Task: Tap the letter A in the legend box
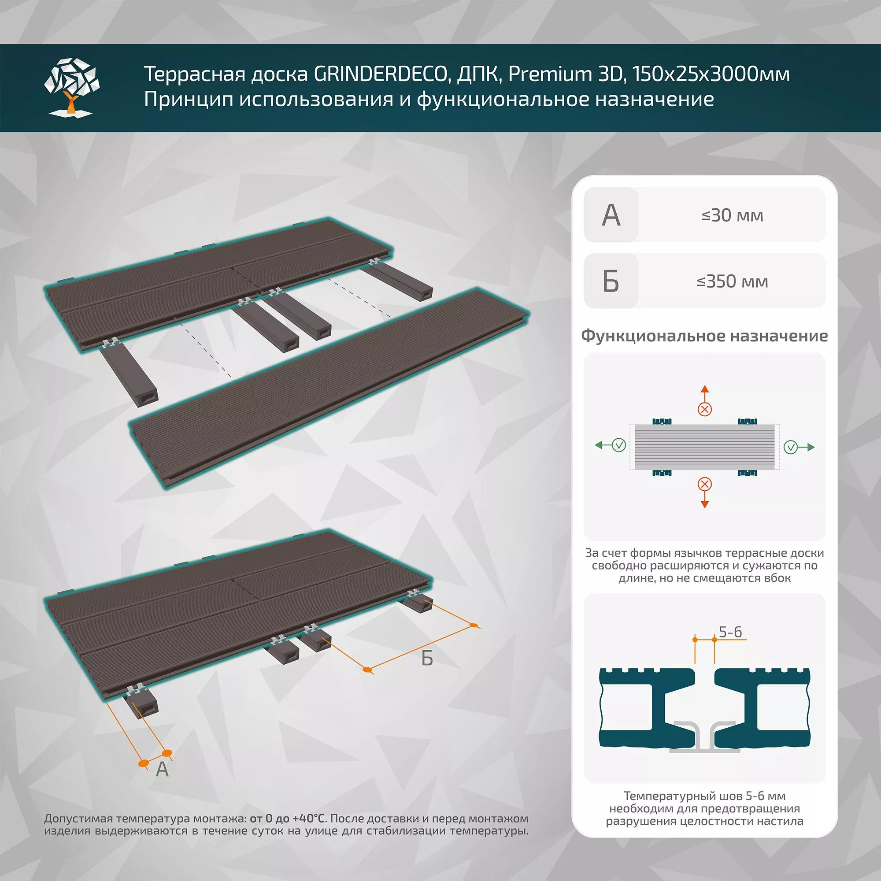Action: coord(611,215)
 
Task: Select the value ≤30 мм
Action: coord(732,215)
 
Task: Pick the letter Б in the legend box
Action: coord(611,281)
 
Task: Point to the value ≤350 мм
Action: coord(732,281)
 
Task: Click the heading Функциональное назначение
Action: coord(704,336)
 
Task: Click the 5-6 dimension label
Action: coord(730,632)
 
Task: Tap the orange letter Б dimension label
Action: coord(427,658)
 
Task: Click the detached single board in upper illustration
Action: coord(328,388)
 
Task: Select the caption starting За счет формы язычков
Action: coord(704,566)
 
